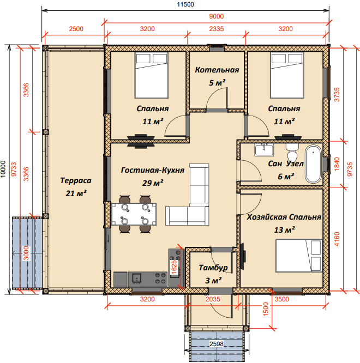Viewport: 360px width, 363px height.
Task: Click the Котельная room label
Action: coord(217,70)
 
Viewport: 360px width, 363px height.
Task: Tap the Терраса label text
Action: coord(76,180)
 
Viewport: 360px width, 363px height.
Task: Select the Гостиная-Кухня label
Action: coord(153,170)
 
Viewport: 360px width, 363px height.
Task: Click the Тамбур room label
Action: coord(213,268)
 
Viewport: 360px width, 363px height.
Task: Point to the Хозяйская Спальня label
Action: coord(284,217)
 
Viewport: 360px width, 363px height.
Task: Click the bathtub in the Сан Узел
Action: coord(313,164)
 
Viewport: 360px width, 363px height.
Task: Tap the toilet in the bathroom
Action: coord(292,151)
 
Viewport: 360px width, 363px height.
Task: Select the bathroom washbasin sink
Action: coord(264,149)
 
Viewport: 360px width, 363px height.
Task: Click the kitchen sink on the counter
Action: coord(137,278)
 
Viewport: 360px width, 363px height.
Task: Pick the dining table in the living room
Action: coord(134,214)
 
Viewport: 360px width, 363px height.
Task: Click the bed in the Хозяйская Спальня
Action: coord(299,255)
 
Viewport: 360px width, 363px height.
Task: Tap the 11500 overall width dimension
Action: coord(185,4)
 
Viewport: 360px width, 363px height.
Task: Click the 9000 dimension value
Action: coord(217,16)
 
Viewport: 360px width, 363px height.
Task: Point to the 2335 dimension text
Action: coord(217,29)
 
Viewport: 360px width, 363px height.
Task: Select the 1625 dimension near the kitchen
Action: coord(174,268)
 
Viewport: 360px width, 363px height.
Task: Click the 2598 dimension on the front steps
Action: coord(217,344)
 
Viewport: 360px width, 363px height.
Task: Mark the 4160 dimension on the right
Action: coord(337,239)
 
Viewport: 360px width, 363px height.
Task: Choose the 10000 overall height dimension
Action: coord(3,169)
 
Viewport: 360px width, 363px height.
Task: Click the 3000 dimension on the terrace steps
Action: coord(26,253)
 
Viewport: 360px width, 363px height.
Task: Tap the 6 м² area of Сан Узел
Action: coord(286,177)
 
